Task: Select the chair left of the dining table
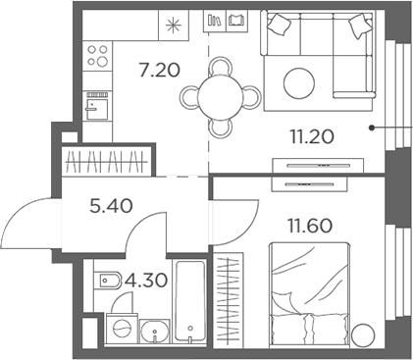[x=189, y=95]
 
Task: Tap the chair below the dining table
[x=222, y=127]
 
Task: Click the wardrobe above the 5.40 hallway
[x=108, y=160]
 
